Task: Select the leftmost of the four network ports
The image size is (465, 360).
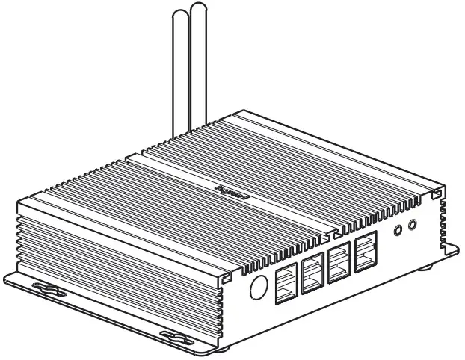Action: point(286,283)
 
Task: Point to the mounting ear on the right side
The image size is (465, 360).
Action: point(451,245)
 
